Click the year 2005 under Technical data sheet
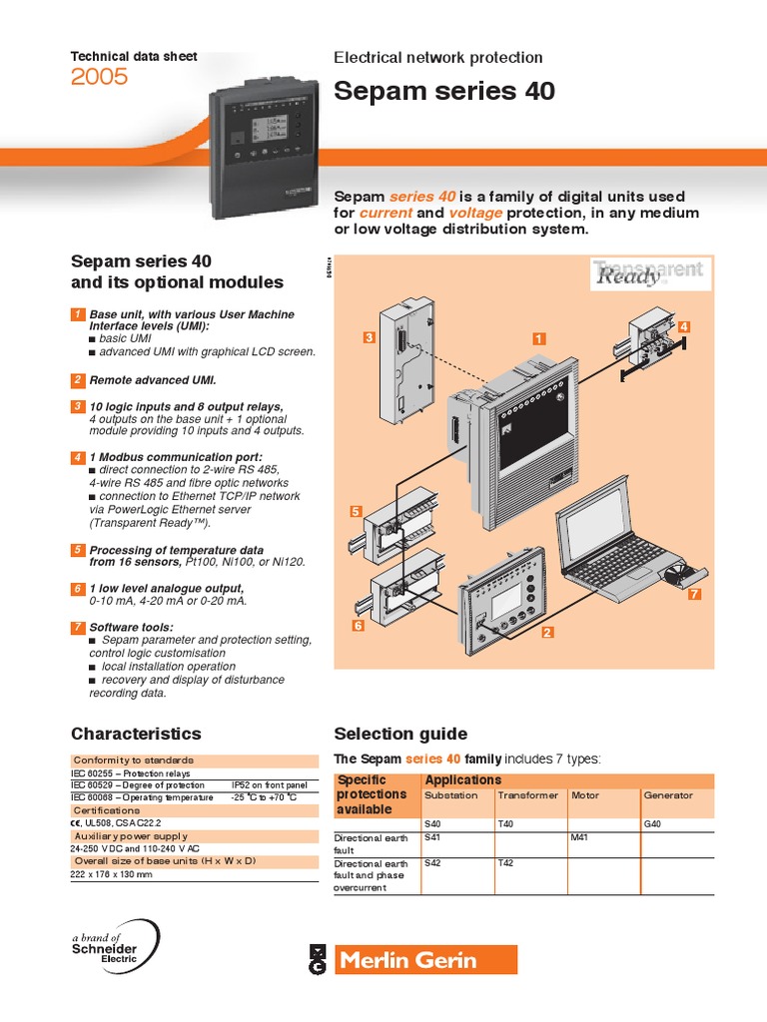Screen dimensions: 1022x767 coord(99,77)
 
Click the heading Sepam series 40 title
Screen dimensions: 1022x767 coord(443,92)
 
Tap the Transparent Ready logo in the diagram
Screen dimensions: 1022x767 coord(648,272)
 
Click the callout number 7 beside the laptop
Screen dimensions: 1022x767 coord(695,595)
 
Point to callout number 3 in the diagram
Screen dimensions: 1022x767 coord(368,338)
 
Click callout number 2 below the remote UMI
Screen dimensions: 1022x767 coord(547,632)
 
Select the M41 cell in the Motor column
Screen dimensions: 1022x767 coord(579,837)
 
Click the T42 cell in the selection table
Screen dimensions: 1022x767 coord(506,863)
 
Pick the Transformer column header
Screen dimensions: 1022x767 coord(523,795)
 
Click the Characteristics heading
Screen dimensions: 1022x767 coord(136,734)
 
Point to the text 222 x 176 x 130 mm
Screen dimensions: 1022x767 coord(112,873)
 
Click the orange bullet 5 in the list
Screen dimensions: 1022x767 coord(77,550)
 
